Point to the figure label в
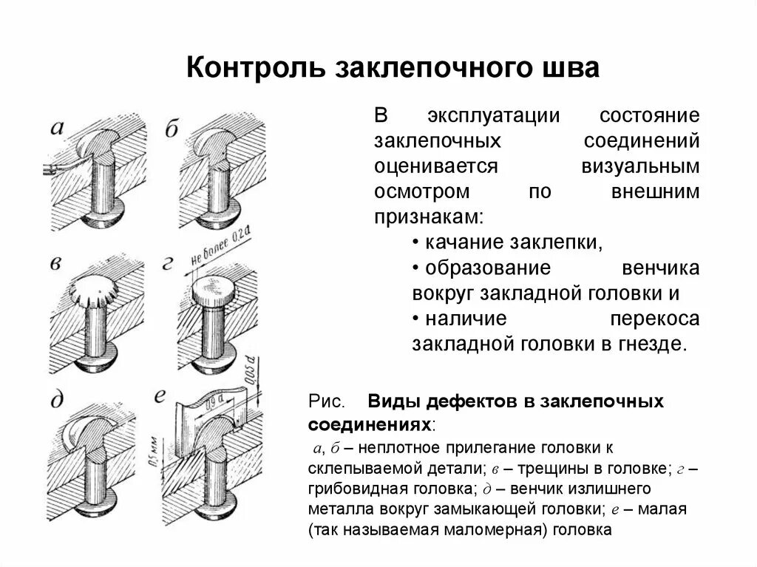56,265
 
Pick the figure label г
170,264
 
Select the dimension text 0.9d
215,403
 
